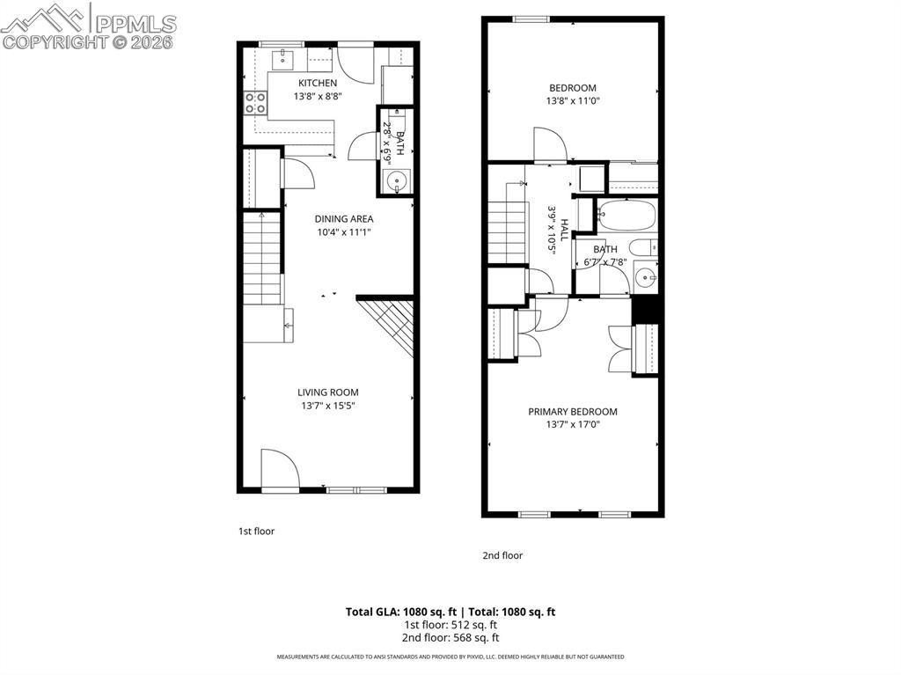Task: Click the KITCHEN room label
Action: (317, 83)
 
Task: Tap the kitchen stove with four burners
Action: (256, 103)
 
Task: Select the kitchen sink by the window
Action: (284, 59)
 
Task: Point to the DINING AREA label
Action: (344, 219)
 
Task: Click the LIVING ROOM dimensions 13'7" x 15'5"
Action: (327, 406)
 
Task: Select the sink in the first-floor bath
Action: (398, 184)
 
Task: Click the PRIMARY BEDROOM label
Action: (572, 412)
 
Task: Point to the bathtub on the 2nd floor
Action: (626, 215)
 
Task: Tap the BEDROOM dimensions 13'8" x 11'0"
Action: (573, 101)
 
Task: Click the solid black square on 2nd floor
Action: (646, 310)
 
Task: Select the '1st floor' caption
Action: (256, 532)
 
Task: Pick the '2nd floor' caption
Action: (502, 555)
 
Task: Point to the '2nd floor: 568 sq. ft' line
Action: (450, 638)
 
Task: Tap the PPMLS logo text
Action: (135, 24)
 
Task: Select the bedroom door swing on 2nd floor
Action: (548, 143)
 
